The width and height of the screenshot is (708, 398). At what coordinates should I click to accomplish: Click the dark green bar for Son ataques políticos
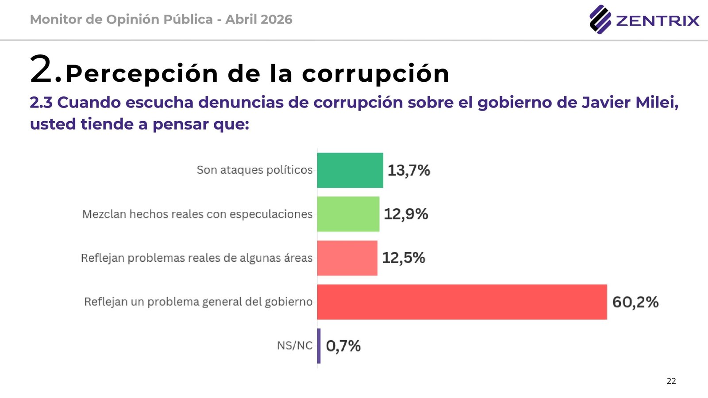[x=350, y=170]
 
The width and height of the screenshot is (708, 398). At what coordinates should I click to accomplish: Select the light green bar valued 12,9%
[x=348, y=214]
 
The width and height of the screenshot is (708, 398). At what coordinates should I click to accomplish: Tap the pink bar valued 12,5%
[x=347, y=258]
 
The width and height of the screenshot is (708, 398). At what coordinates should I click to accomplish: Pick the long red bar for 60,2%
[x=462, y=302]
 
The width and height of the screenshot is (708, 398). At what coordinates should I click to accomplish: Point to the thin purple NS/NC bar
[x=319, y=346]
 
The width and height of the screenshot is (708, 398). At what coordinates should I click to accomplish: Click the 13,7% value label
[x=409, y=170]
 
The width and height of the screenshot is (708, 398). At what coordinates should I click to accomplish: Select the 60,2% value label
[x=635, y=302]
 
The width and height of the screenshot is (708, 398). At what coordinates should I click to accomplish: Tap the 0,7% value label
[x=343, y=346]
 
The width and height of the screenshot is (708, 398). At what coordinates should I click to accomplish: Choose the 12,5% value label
[x=404, y=258]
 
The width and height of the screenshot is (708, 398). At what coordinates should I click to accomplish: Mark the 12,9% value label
[x=406, y=214]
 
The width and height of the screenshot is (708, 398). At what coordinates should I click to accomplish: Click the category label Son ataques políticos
[x=254, y=170]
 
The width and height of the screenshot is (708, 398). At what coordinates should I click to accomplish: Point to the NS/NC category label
[x=295, y=345]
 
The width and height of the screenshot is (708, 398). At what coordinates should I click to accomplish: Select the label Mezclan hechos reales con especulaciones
[x=197, y=214]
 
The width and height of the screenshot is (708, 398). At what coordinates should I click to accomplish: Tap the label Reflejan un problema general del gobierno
[x=198, y=302]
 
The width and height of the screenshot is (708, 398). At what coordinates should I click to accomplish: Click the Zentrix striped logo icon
[x=600, y=19]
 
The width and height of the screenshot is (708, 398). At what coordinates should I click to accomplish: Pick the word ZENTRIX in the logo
[x=658, y=21]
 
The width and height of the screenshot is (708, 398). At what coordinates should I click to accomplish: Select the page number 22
[x=671, y=381]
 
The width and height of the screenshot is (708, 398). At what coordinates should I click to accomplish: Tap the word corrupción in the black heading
[x=376, y=73]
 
